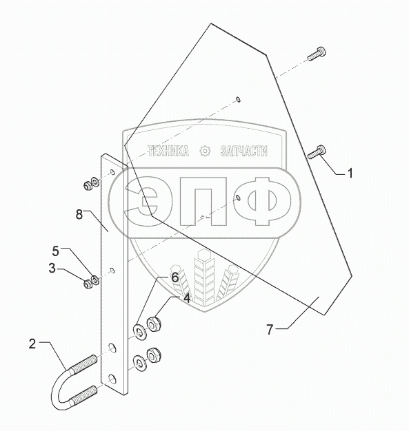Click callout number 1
[x=350, y=174]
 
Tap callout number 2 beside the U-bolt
[x=32, y=344]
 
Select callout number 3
[x=52, y=268]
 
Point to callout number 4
[x=187, y=298]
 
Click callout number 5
[x=56, y=251]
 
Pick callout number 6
[x=175, y=277]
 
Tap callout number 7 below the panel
[x=270, y=329]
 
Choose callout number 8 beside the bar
[x=79, y=214]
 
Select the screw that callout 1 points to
[x=317, y=151]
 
